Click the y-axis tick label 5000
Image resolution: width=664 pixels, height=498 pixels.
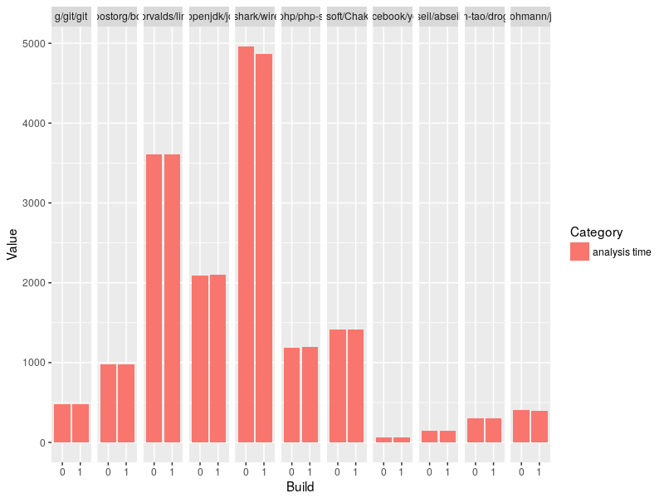click(x=35, y=43)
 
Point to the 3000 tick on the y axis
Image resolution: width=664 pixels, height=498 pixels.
click(x=35, y=203)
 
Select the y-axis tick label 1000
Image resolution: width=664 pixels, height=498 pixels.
click(x=35, y=363)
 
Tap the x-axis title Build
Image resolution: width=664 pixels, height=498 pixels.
click(x=300, y=487)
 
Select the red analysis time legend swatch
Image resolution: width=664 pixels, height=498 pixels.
click(x=579, y=252)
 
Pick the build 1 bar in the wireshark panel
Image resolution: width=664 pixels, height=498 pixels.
click(x=264, y=248)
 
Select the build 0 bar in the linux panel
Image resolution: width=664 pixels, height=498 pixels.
click(x=154, y=298)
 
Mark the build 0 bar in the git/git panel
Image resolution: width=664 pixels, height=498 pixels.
click(x=62, y=422)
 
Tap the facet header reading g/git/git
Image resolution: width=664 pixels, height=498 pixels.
click(x=71, y=17)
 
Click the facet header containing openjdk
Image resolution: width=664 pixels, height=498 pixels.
click(x=209, y=17)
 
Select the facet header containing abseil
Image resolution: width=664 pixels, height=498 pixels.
click(x=438, y=17)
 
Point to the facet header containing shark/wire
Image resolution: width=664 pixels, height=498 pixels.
click(x=255, y=17)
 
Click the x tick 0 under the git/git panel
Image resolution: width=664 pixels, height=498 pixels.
click(x=62, y=472)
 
